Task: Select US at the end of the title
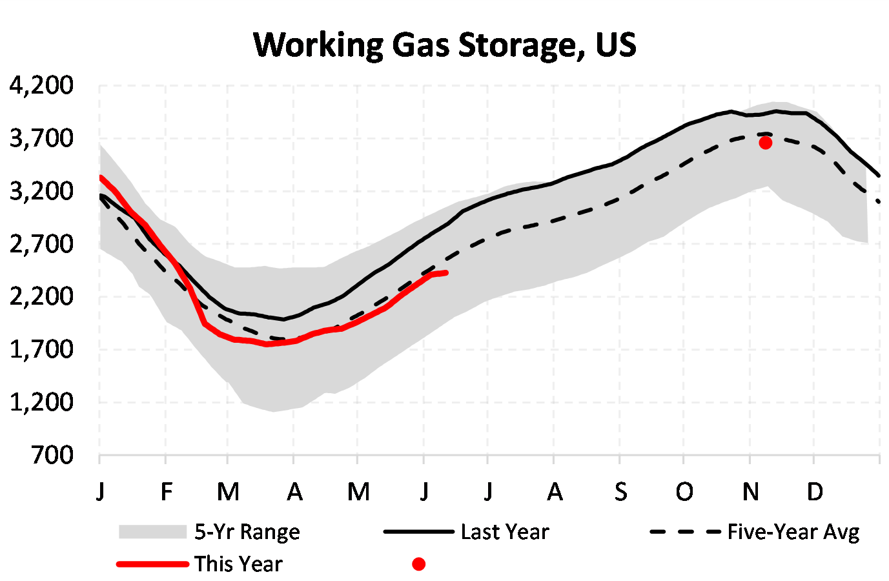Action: (616, 45)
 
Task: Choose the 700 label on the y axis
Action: (52, 455)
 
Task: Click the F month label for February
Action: (167, 492)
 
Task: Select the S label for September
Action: (620, 492)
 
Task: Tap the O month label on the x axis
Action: (684, 492)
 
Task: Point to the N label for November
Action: (750, 492)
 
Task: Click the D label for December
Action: (815, 492)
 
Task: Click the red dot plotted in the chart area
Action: (765, 143)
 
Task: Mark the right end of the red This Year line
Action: (446, 273)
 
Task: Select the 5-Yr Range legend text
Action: (247, 532)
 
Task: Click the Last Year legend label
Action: (505, 532)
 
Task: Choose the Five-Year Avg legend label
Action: (793, 532)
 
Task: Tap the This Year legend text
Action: (238, 564)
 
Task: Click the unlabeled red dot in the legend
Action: (418, 564)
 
